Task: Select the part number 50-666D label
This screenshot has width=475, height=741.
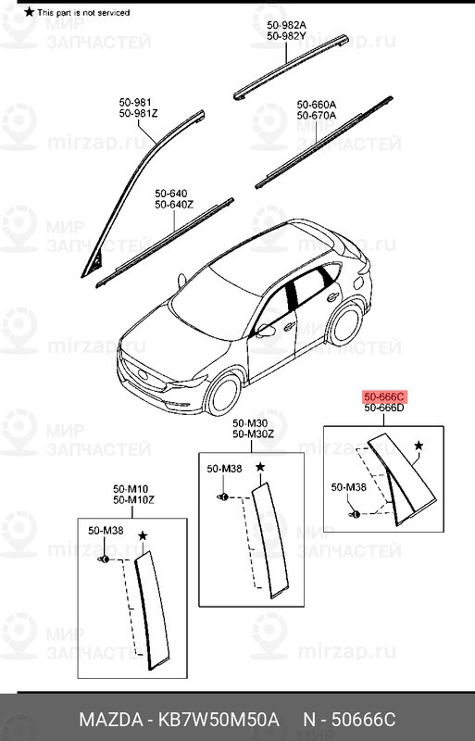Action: pyautogui.click(x=384, y=408)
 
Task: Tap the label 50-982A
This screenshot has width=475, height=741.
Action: pyautogui.click(x=287, y=24)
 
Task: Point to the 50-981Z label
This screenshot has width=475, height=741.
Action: pyautogui.click(x=137, y=113)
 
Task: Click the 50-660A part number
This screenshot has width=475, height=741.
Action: pyautogui.click(x=317, y=104)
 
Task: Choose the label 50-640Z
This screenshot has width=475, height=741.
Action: pyautogui.click(x=173, y=205)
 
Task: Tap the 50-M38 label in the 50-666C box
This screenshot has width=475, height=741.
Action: pyautogui.click(x=349, y=486)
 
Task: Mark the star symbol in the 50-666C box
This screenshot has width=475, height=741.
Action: pyautogui.click(x=419, y=446)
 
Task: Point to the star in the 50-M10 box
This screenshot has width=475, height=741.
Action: pyautogui.click(x=143, y=535)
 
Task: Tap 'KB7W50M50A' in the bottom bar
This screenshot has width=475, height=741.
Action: pyautogui.click(x=219, y=720)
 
